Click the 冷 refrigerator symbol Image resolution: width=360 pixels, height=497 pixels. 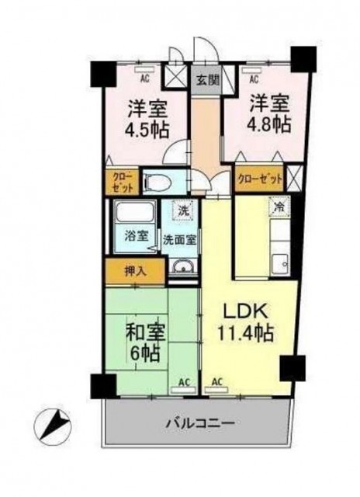coord(279,207)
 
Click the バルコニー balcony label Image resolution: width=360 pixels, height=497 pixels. coord(201,423)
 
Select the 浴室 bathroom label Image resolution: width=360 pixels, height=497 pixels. coord(136,236)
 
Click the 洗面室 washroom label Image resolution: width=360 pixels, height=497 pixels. coord(179,240)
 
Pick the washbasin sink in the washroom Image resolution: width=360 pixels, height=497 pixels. coord(183,267)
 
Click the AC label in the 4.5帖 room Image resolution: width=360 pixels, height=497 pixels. coord(144,78)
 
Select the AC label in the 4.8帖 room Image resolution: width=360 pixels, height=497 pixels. coord(254,79)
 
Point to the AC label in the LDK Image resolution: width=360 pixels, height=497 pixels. coord(216,381)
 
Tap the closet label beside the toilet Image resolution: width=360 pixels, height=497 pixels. coord(123,180)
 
